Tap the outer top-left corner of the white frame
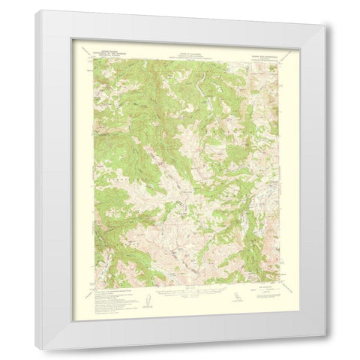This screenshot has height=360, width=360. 35,10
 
